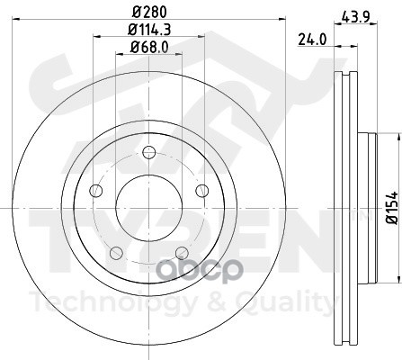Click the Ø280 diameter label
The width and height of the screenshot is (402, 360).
tap(149, 12)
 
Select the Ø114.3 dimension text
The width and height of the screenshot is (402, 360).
tap(149, 30)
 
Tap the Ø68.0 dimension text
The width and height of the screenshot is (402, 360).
tap(149, 47)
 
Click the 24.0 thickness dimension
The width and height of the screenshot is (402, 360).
tap(312, 40)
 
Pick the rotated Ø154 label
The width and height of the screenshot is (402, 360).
tap(391, 207)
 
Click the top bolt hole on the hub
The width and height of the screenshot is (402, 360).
tap(149, 152)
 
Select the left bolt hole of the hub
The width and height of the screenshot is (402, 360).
tap(96, 191)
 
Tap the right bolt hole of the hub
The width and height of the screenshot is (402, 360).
tap(202, 191)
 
